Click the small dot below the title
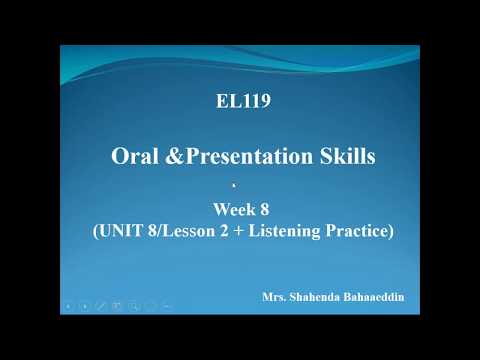[233, 185]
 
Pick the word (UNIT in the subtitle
[116, 231]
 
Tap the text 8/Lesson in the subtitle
[184, 231]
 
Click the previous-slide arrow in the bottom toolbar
[67, 304]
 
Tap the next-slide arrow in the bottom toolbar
[84, 304]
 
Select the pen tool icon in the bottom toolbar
[100, 304]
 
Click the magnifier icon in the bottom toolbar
[133, 304]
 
